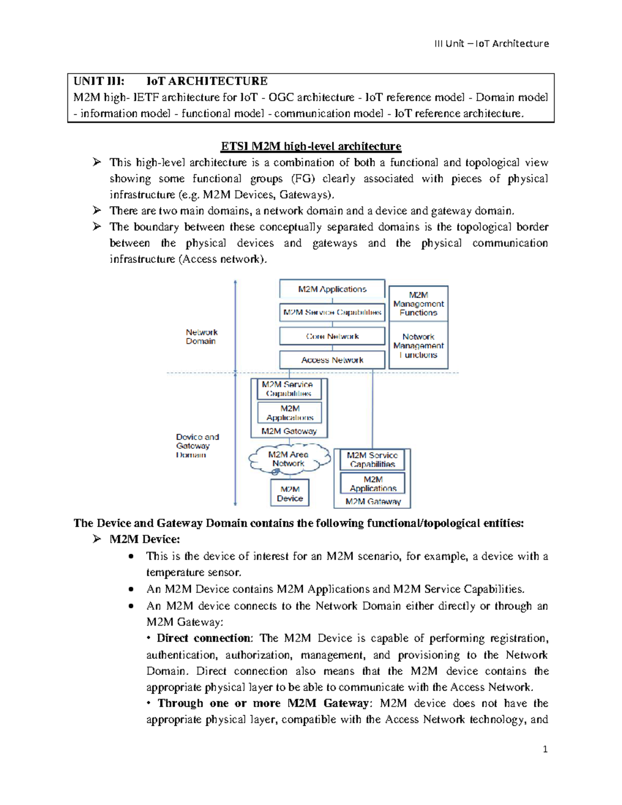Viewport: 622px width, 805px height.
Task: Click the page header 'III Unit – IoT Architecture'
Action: coord(491,44)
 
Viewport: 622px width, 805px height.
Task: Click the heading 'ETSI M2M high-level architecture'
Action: coord(311,146)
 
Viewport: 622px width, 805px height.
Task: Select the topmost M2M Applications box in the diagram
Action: coord(332,289)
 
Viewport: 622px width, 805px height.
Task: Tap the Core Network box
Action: coord(332,336)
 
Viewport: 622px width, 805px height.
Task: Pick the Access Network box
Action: coord(332,360)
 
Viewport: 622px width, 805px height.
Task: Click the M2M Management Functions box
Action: coord(418,304)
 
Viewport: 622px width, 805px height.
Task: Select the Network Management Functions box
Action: coord(418,346)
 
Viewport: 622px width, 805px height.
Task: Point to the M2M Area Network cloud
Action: coord(289,459)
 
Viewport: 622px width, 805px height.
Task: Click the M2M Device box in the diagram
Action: coord(290,493)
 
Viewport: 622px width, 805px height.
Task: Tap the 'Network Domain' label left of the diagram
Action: coord(202,336)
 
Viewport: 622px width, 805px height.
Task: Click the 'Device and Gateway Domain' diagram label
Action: coord(197,446)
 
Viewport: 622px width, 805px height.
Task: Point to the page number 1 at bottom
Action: coord(545,749)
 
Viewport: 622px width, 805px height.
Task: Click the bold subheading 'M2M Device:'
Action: coord(145,539)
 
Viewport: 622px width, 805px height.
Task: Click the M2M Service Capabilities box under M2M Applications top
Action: coord(332,313)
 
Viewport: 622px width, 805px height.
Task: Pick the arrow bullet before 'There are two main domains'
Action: coord(97,210)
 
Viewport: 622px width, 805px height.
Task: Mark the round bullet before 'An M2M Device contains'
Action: coord(133,589)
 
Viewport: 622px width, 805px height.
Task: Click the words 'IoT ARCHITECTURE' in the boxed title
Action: coord(207,81)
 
